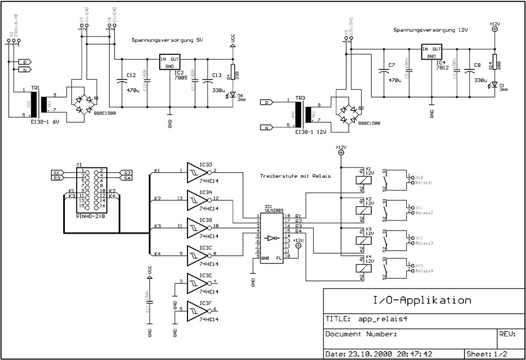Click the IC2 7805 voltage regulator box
pos(170,62)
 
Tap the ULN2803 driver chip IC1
pos(271,236)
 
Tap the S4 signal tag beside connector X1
pos(127,178)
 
